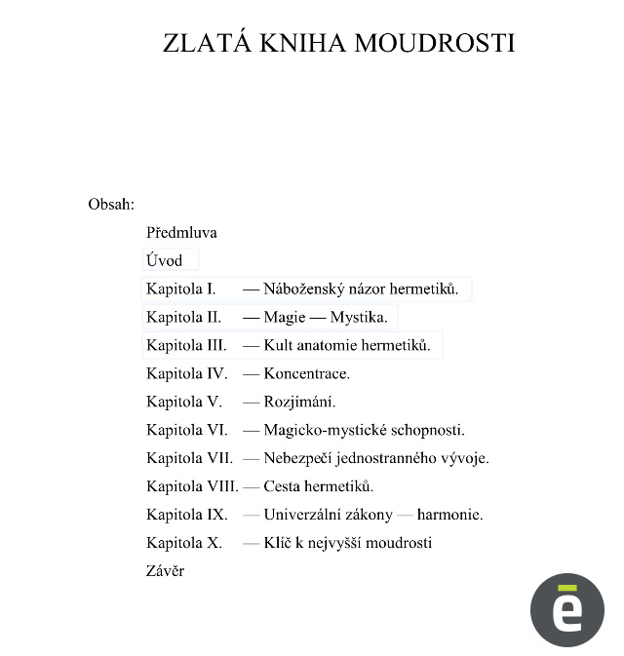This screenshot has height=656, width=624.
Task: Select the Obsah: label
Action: [111, 205]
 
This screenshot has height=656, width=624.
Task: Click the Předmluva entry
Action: [181, 233]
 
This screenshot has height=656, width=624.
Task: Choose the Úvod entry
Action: [164, 260]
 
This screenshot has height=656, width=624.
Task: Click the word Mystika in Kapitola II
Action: [358, 317]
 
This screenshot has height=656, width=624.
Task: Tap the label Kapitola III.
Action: [186, 345]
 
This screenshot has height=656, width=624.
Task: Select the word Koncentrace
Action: [306, 373]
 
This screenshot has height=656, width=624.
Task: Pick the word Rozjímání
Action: [299, 402]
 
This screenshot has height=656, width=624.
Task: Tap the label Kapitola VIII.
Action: [192, 486]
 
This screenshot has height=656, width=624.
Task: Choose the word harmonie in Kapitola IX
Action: [450, 515]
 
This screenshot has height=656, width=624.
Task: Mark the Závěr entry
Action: [165, 571]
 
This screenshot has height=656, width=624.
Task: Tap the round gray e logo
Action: [567, 611]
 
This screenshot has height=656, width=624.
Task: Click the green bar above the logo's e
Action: [567, 588]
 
